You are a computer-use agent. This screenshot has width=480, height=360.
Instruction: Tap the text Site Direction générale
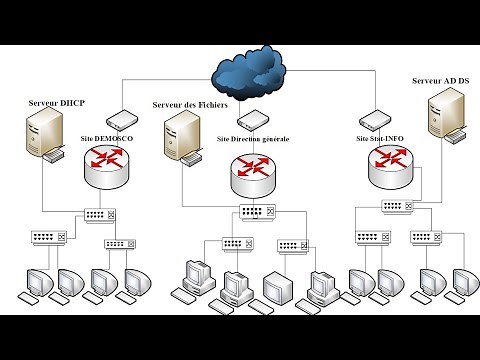253,139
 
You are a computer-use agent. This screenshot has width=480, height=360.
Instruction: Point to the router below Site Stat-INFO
389,167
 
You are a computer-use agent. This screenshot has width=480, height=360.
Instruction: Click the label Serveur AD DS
440,80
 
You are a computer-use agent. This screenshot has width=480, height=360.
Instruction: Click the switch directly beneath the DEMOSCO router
102,215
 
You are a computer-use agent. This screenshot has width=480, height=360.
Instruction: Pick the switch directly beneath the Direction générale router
252,213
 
